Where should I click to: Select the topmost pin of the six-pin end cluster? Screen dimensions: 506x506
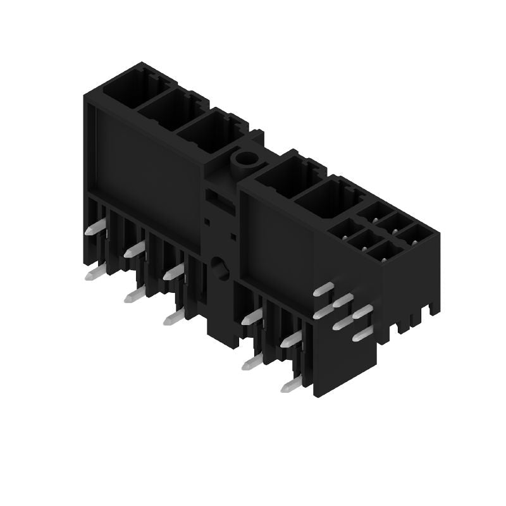pos(324,290)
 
